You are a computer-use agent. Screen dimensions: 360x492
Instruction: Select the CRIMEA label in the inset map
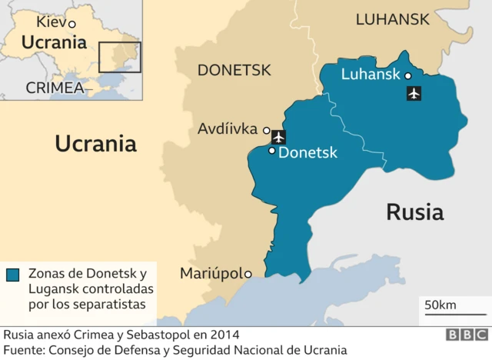55,88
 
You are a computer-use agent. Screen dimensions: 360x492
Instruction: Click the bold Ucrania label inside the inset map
53,43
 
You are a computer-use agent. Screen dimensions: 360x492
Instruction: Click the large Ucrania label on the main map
95,143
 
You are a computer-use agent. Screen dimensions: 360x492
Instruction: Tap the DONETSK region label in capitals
234,71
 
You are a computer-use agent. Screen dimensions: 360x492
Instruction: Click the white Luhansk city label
370,75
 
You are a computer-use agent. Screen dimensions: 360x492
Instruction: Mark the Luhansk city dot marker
407,75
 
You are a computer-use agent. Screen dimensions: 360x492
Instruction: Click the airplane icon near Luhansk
414,94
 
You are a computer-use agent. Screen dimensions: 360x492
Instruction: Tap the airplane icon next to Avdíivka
278,137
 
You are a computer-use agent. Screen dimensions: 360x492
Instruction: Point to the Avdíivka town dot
267,130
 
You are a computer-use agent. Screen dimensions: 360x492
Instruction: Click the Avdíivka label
228,128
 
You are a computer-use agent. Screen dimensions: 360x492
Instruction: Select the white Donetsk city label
307,153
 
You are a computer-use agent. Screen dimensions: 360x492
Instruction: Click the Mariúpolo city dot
248,273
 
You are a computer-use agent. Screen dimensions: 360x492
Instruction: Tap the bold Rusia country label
414,212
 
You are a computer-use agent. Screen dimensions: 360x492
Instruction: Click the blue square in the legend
13,275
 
